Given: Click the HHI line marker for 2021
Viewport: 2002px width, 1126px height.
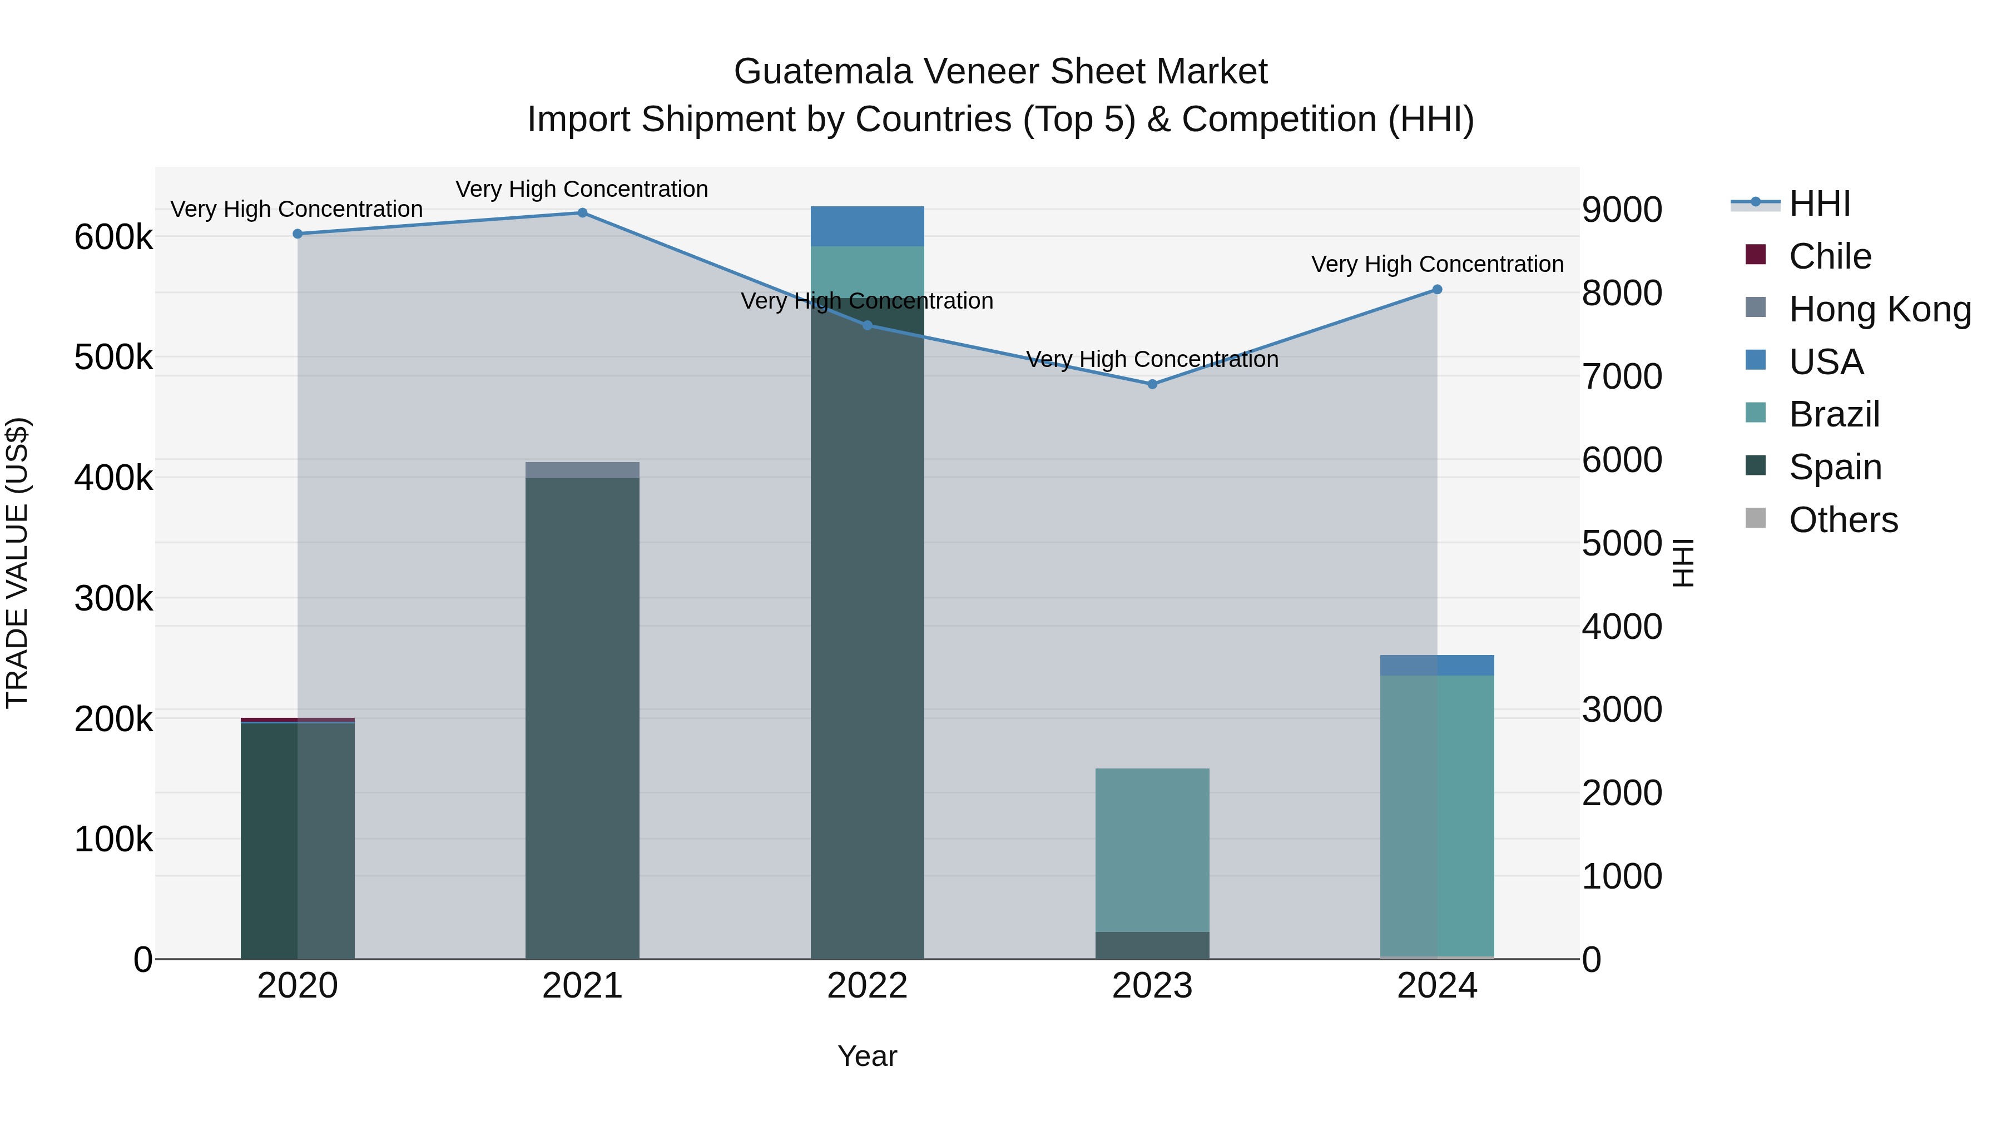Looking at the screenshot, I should click(582, 213).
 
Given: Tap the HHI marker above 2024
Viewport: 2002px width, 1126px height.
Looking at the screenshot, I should click(1437, 290).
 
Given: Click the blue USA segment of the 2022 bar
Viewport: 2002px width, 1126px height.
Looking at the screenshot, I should click(868, 226).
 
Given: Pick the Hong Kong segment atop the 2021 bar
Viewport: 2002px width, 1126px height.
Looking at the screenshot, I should click(582, 470).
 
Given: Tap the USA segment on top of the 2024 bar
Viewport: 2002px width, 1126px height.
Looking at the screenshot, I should click(1437, 665).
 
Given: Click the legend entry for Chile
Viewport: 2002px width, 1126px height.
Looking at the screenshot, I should click(1830, 256).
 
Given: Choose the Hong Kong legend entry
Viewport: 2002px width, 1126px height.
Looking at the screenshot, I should click(1879, 309).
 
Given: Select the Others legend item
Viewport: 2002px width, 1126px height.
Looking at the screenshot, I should click(1843, 520).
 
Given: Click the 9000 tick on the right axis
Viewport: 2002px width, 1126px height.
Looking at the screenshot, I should click(1622, 210).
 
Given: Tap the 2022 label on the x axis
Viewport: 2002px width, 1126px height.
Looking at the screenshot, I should click(868, 986).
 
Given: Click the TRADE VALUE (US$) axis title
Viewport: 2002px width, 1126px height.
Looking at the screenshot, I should click(17, 563).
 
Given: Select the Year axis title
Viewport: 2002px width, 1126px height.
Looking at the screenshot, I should click(868, 1056).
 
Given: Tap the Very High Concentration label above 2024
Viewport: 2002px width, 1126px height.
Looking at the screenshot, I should click(1437, 264).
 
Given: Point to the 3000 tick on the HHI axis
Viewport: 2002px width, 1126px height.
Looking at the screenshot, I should click(1622, 710).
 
